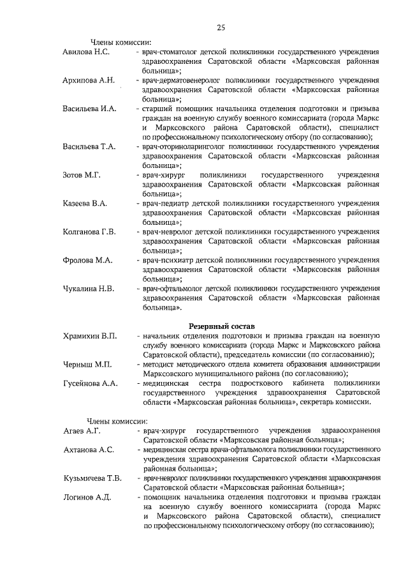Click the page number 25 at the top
coord(221,27)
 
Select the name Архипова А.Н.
coord(89,80)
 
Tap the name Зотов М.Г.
coord(82,174)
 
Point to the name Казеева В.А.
coord(85,203)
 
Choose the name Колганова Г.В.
coord(89,232)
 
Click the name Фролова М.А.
coord(87,261)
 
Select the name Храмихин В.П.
coord(90,336)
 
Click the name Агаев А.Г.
coord(82,430)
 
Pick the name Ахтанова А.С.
coord(89,450)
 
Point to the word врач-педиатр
coord(165,203)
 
